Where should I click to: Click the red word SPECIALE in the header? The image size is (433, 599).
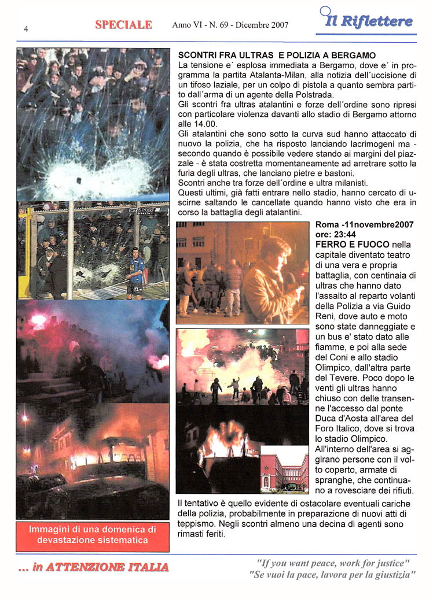(123, 25)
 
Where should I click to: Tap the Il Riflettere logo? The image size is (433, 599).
(368, 21)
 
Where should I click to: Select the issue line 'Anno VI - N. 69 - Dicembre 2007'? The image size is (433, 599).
(230, 25)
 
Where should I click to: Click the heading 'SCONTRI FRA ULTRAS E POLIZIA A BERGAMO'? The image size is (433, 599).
(277, 55)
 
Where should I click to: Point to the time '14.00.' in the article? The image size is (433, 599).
(189, 124)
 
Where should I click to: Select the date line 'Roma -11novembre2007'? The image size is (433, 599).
(364, 225)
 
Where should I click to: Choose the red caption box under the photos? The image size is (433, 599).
(93, 534)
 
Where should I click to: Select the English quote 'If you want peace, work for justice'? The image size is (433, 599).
(333, 563)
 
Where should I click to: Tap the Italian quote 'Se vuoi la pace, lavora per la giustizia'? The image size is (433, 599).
(332, 575)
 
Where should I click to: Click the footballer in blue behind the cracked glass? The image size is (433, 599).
(137, 272)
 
